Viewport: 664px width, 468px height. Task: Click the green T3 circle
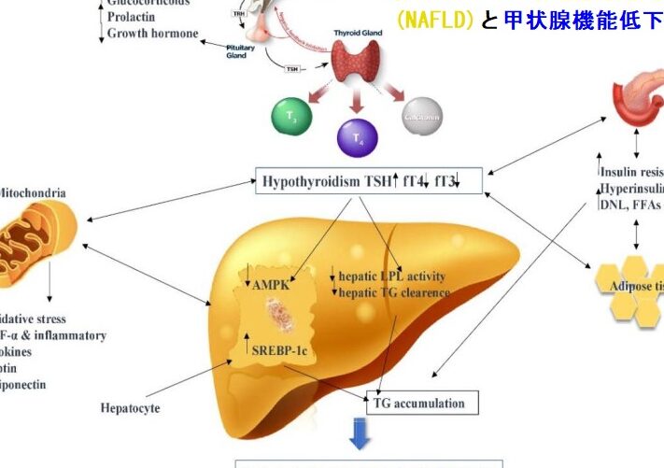(x=290, y=119)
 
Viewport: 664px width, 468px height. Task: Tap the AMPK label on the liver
(x=270, y=283)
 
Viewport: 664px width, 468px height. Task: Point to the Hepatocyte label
(x=132, y=407)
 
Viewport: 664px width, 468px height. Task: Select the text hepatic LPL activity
(x=391, y=277)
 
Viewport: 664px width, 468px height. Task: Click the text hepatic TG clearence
(x=393, y=292)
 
